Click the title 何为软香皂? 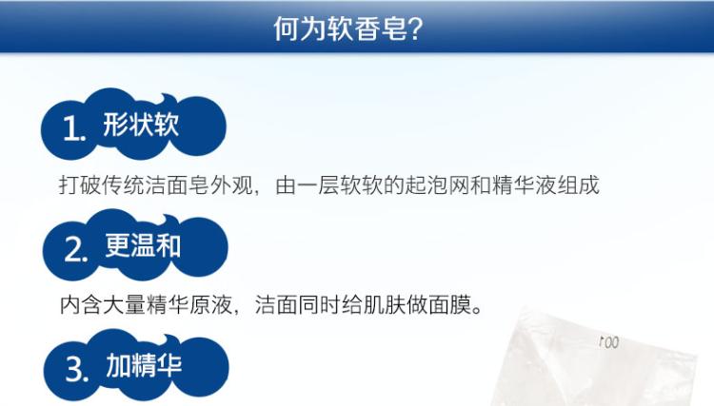point(348,29)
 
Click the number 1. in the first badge point(74,128)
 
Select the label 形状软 point(141,125)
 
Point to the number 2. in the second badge point(76,249)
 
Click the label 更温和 point(143,245)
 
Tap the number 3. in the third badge point(77,369)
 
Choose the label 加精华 point(144,365)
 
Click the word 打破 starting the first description point(80,185)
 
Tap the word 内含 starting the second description point(81,304)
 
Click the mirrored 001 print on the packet point(609,342)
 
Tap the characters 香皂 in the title point(382,29)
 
